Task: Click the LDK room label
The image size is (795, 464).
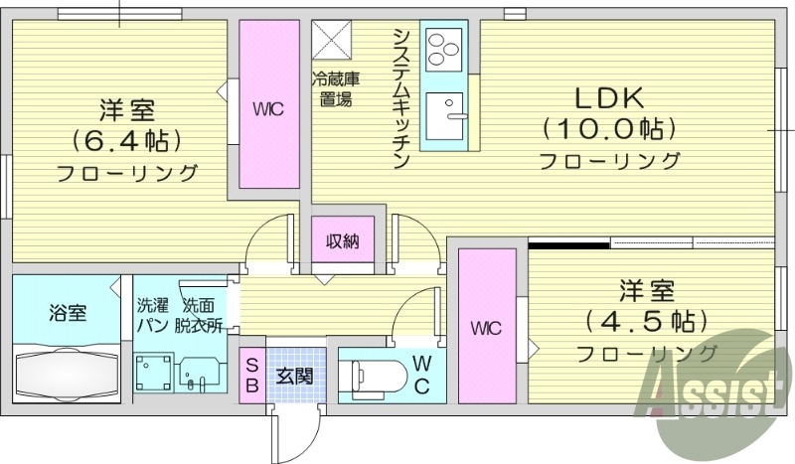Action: [x=609, y=98]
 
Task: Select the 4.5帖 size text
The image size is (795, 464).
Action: [x=647, y=321]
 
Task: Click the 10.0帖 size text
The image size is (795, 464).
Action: [x=609, y=129]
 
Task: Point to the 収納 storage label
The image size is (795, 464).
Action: [x=342, y=239]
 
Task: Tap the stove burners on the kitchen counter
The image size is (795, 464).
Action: [x=443, y=46]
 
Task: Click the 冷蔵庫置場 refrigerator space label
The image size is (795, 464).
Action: [x=336, y=89]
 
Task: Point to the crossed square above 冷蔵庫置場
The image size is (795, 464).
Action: [x=327, y=39]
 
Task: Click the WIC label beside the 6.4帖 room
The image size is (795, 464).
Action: [x=267, y=109]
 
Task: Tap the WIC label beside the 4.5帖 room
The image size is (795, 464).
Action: [x=486, y=329]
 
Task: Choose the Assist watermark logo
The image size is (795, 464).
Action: [x=712, y=388]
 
